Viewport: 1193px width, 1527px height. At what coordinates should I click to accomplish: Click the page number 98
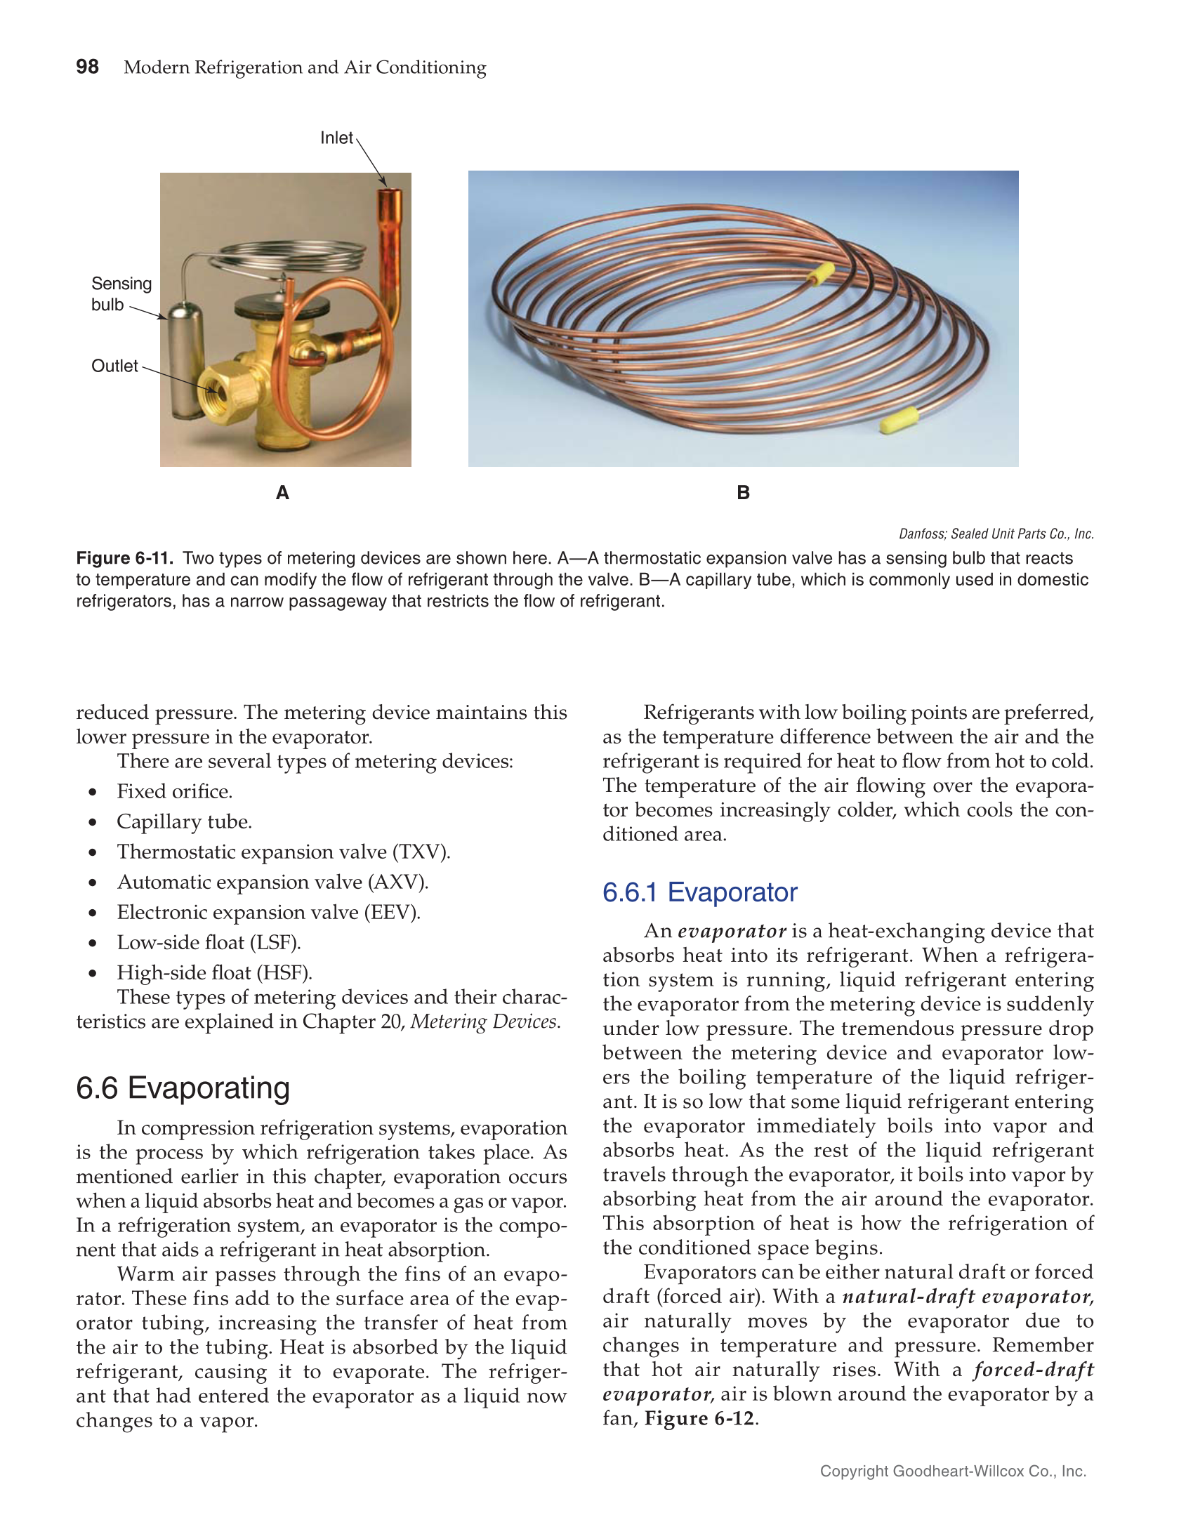[x=87, y=67]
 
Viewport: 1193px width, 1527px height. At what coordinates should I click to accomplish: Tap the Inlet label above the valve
[x=336, y=138]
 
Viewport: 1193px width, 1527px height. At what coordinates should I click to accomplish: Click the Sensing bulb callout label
[x=121, y=293]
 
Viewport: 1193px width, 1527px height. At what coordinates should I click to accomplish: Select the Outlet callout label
[x=114, y=366]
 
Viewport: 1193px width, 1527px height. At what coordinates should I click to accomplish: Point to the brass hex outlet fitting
[x=220, y=394]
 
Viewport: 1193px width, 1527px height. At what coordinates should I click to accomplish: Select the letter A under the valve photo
[x=282, y=493]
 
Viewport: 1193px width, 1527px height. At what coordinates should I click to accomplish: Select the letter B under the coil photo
[x=743, y=493]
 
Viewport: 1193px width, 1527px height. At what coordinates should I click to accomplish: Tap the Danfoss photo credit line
[x=996, y=534]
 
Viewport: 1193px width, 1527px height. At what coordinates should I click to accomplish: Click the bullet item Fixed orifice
[x=174, y=791]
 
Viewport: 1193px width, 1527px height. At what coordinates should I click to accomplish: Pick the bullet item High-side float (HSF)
[x=214, y=972]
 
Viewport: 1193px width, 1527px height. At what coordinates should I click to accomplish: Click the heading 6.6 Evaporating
[x=183, y=1088]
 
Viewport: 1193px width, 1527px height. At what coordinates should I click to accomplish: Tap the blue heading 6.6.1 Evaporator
[x=699, y=892]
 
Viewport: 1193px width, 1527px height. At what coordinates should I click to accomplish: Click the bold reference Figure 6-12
[x=699, y=1418]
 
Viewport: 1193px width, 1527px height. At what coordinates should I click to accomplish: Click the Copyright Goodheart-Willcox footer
[x=953, y=1472]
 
